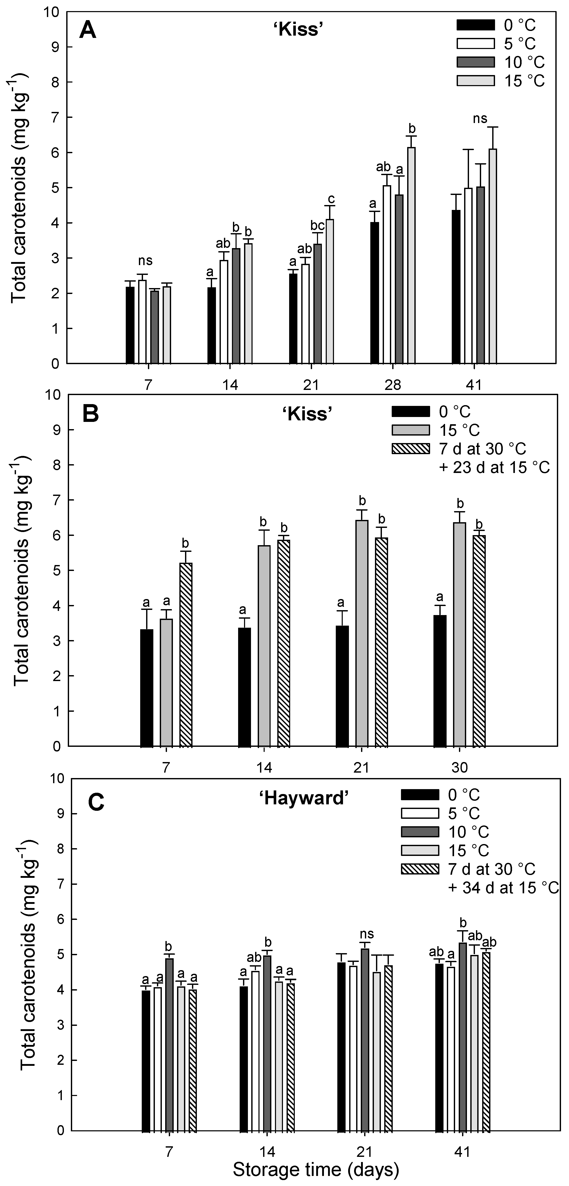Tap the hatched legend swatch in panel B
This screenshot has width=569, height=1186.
[410, 448]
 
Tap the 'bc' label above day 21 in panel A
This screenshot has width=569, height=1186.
[317, 226]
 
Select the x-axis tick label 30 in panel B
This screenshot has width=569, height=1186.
[459, 767]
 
